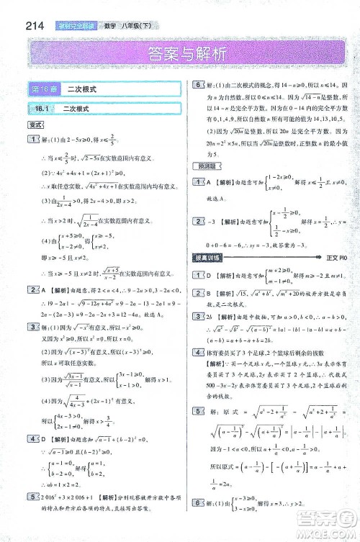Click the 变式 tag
(x=34, y=124)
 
